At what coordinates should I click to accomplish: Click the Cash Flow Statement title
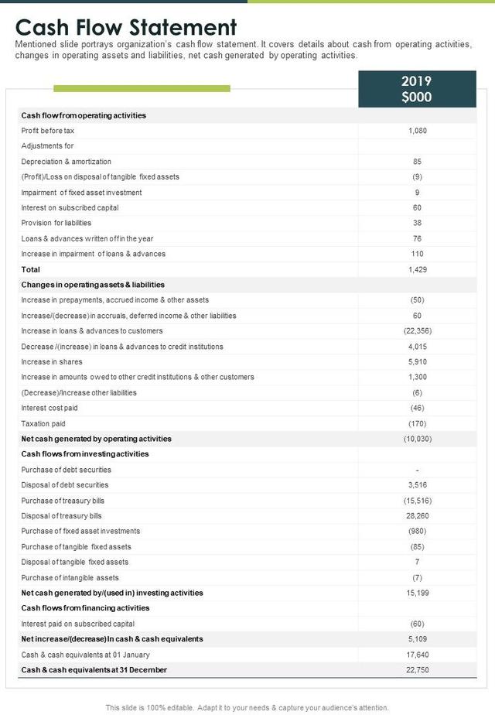126,28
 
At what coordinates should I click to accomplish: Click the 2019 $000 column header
417,89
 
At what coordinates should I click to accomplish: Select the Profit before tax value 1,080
417,131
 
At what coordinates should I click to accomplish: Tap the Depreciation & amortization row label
67,162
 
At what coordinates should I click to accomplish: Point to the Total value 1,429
417,269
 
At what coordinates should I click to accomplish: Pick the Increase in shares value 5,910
417,361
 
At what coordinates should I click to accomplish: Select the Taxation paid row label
43,423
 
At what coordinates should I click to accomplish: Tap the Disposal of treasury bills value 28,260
417,515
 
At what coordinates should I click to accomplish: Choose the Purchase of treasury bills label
63,501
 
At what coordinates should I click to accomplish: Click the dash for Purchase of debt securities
417,470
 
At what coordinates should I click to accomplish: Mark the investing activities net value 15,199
417,593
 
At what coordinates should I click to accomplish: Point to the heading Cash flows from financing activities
85,608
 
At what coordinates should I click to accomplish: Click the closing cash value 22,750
417,669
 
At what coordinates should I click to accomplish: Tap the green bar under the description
142,89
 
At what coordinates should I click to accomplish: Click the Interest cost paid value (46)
417,408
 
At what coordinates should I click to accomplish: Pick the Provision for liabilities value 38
417,223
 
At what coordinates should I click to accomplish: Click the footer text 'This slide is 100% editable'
247,707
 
